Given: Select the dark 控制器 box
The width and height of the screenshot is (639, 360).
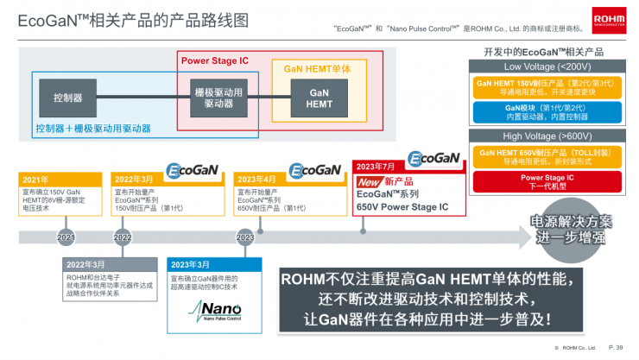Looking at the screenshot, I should tap(67, 98).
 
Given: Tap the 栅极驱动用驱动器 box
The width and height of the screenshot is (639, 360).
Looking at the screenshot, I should tap(218, 98).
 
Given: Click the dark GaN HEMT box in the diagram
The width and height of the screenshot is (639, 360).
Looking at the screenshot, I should tap(319, 98).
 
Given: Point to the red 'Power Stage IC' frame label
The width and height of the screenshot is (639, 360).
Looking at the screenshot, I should tap(214, 60).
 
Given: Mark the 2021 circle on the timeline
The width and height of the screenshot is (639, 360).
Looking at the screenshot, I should tap(66, 237).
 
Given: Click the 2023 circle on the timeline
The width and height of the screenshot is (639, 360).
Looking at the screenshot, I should tap(245, 237).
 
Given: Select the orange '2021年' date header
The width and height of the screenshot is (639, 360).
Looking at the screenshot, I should tap(36, 180).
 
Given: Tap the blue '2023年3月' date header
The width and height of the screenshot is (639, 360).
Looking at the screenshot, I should tap(190, 264).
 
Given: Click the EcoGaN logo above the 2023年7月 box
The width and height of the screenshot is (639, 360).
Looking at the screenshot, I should tap(433, 159).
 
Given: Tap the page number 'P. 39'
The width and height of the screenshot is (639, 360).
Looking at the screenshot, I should tap(616, 347).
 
